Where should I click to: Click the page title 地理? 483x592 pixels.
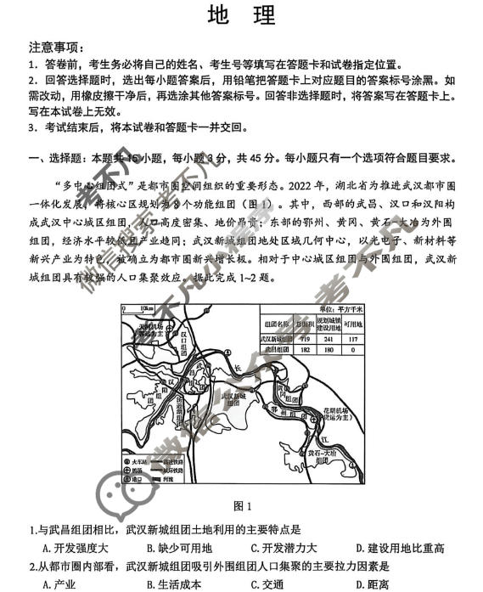[x=241, y=16]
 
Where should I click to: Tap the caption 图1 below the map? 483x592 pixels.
[x=242, y=507]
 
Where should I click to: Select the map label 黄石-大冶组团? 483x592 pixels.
[x=322, y=454]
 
